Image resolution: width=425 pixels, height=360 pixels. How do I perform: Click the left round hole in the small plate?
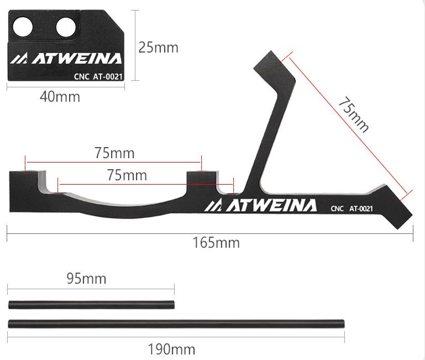click(x=23, y=27)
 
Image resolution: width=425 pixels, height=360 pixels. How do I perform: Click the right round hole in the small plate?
click(x=66, y=27)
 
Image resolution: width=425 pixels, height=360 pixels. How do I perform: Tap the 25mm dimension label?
click(x=158, y=48)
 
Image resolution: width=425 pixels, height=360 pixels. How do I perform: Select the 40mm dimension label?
click(x=60, y=97)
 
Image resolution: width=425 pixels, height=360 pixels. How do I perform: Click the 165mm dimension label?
click(x=216, y=243)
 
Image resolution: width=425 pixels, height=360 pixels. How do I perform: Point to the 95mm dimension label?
click(x=86, y=279)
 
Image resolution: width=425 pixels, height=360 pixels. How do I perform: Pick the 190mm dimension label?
click(x=171, y=349)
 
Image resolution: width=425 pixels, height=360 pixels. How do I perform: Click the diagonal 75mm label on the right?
click(x=354, y=114)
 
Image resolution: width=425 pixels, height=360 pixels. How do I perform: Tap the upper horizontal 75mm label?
click(x=114, y=153)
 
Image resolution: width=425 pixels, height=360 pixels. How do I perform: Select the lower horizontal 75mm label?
click(x=127, y=175)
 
